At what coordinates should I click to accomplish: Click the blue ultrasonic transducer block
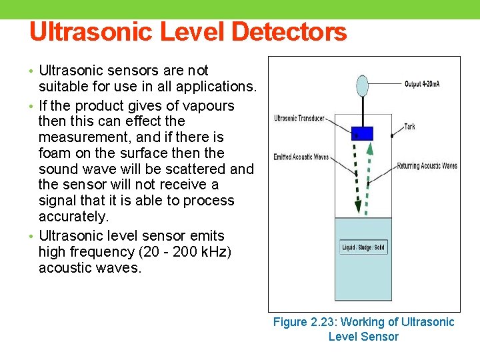[x=362, y=133]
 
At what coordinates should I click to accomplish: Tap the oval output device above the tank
[x=362, y=85]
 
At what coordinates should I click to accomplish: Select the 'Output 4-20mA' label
[x=422, y=84]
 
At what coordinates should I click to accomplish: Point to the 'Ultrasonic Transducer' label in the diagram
[x=299, y=119]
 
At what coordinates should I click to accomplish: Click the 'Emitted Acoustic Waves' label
[x=301, y=157]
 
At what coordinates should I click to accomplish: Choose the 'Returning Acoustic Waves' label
[x=427, y=166]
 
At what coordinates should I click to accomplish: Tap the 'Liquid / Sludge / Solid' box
[x=363, y=247]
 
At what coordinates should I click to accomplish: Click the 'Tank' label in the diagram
[x=409, y=127]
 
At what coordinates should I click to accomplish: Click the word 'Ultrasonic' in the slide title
[x=87, y=32]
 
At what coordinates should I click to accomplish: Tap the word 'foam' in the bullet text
[x=57, y=153]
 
